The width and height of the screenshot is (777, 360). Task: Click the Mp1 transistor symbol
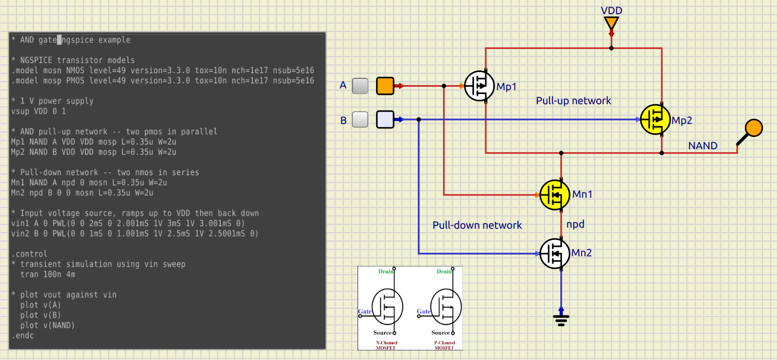tap(479, 86)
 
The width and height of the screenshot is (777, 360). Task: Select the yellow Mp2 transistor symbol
tap(655, 119)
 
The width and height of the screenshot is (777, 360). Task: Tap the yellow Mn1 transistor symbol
tap(555, 194)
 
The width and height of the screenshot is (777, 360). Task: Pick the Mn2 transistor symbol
tap(555, 254)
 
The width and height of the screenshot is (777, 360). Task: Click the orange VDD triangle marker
tap(611, 23)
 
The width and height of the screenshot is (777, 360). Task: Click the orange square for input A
tap(385, 86)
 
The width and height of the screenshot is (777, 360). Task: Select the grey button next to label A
tap(360, 86)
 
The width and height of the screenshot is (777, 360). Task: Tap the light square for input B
tap(385, 119)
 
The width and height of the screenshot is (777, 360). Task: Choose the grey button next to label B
tap(360, 119)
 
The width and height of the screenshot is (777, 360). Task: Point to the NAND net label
tap(703, 146)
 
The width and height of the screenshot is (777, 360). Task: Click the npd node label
tap(575, 224)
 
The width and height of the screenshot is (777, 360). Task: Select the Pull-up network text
tap(573, 101)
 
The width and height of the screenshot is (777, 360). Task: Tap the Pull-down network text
tap(477, 225)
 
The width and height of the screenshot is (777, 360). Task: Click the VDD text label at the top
tap(611, 11)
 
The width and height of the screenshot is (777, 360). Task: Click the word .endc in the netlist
tap(23, 336)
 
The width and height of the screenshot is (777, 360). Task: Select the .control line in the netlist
tap(29, 254)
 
